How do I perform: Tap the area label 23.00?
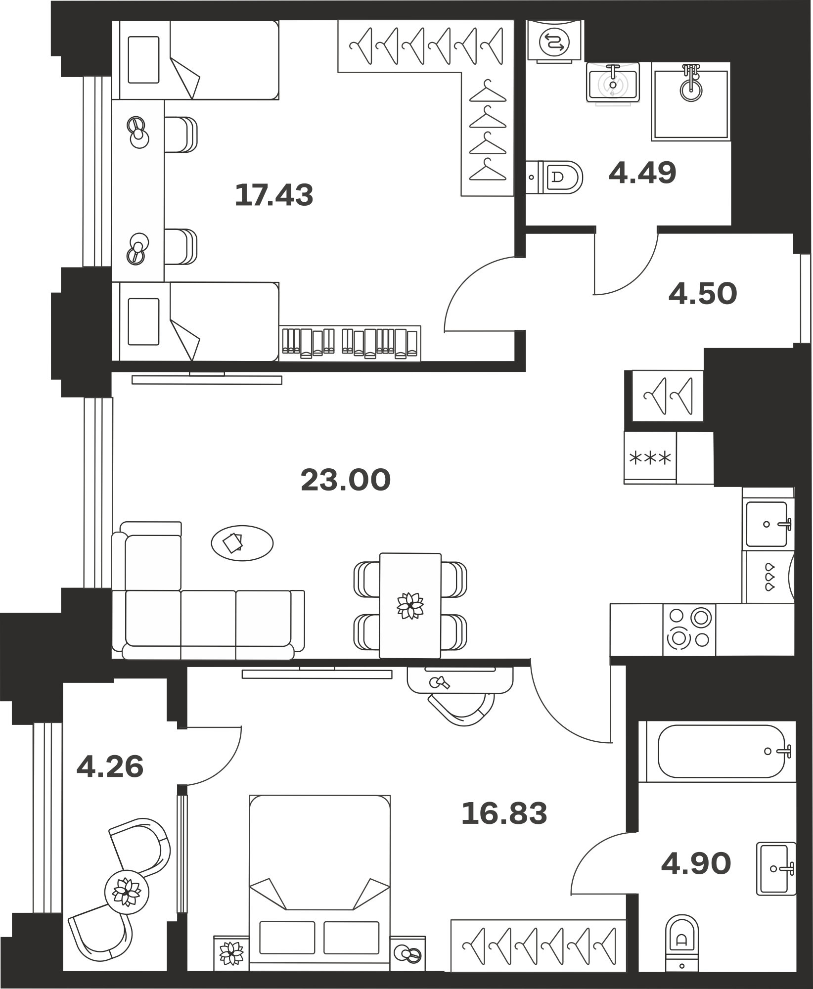[346, 480]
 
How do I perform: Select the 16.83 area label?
[504, 813]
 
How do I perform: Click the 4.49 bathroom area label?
[642, 173]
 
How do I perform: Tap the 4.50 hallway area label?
[702, 293]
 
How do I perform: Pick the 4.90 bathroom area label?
[696, 863]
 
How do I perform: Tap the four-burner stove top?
[689, 629]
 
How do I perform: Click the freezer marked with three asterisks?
[650, 457]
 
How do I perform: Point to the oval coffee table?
[242, 542]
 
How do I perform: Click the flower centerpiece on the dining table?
[410, 605]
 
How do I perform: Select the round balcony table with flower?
[127, 891]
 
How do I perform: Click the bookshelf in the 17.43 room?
[350, 343]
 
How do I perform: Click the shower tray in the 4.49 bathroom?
[691, 102]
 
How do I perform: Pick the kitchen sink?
[768, 524]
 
